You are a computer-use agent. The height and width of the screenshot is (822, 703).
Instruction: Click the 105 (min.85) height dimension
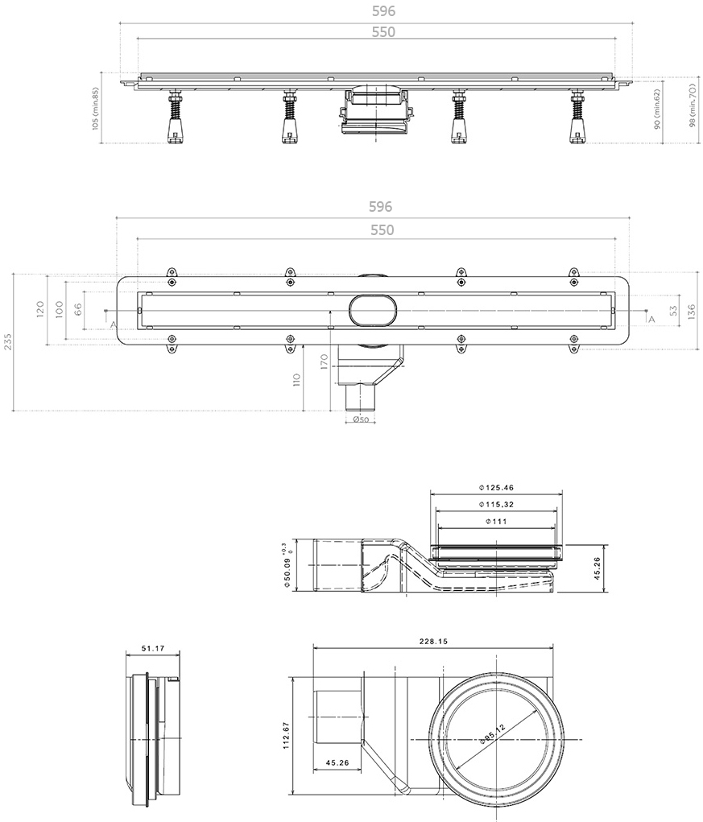[x=95, y=109]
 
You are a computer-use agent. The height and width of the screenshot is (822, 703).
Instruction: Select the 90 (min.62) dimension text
[x=657, y=109]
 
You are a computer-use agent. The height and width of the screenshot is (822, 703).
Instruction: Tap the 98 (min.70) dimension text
[x=693, y=105]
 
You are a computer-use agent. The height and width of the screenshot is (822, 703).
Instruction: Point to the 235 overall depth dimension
[x=7, y=342]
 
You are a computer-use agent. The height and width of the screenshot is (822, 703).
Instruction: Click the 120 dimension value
[x=41, y=310]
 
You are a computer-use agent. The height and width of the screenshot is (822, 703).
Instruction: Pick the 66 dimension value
[x=78, y=309]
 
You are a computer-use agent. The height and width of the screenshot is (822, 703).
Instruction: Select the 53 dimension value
[x=674, y=310]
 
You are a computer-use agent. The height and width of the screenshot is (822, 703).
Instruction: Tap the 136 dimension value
[x=692, y=311]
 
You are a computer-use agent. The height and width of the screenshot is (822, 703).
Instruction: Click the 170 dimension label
[x=324, y=361]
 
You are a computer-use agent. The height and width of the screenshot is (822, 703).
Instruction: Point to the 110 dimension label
[x=297, y=379]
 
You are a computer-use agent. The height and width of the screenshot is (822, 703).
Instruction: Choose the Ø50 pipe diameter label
[x=361, y=419]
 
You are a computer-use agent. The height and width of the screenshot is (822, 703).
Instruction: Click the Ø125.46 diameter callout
[x=496, y=488]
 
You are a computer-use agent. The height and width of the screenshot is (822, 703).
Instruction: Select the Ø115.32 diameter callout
[x=496, y=504]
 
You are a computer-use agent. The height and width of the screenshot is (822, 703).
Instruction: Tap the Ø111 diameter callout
[x=496, y=522]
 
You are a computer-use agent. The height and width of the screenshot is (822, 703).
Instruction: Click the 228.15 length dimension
[x=433, y=641]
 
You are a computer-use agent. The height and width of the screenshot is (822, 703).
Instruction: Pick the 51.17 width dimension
[x=153, y=648]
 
